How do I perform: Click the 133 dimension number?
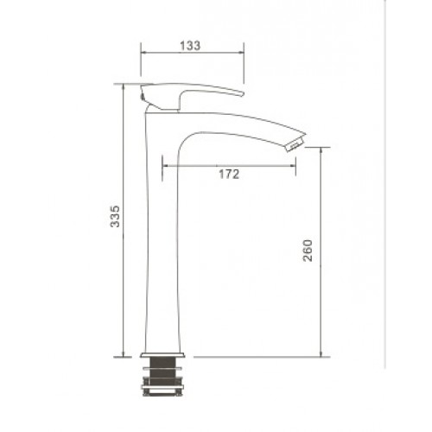tap(190, 46)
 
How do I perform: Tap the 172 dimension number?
tap(229, 175)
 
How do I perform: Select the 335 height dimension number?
tap(115, 216)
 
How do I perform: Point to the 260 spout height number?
tap(308, 251)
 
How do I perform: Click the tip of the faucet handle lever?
tap(243, 93)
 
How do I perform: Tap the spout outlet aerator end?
tap(296, 143)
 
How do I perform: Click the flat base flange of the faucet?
tap(162, 355)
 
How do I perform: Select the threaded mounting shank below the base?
tap(162, 372)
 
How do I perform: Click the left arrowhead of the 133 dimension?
tap(143, 53)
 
